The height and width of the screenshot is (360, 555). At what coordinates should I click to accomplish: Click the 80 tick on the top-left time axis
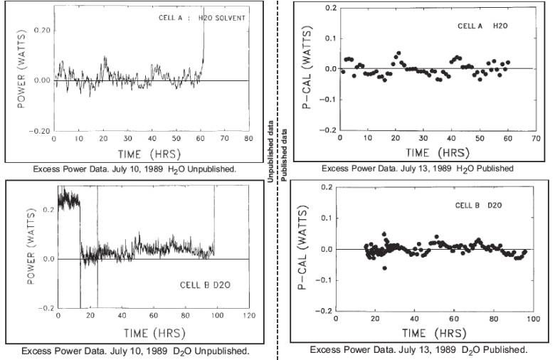(x=248, y=139)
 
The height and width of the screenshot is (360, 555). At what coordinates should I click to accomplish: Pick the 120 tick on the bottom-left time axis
(x=248, y=315)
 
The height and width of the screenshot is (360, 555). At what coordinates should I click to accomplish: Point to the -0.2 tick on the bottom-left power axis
(x=46, y=307)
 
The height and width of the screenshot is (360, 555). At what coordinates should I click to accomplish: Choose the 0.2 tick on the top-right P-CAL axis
(x=329, y=7)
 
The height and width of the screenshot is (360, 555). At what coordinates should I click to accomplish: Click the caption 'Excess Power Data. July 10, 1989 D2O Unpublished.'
(x=135, y=351)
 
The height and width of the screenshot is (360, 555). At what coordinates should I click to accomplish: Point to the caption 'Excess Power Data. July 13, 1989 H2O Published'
(x=417, y=168)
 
